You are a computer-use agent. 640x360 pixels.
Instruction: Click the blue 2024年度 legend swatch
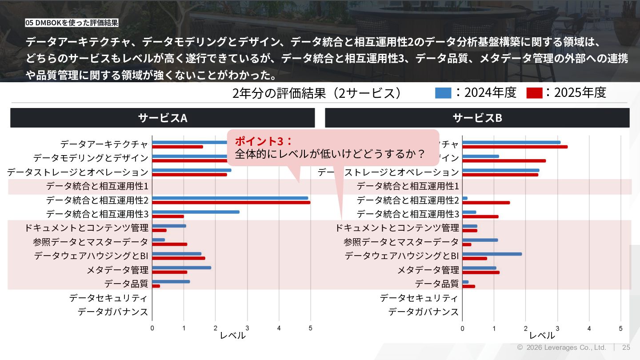(443, 93)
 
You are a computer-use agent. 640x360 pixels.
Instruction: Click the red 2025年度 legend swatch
(534, 93)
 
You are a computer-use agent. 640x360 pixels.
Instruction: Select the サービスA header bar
(163, 118)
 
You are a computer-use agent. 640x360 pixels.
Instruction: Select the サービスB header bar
(477, 118)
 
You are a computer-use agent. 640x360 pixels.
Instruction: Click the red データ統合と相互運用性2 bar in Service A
(231, 203)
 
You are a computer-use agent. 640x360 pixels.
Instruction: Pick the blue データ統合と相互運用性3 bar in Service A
(196, 212)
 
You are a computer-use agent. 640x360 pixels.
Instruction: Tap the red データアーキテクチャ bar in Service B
(515, 147)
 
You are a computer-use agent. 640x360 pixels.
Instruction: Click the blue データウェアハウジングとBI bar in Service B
(492, 254)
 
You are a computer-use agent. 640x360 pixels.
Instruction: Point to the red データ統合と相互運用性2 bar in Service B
(486, 203)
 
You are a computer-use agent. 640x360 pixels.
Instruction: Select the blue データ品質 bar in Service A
(171, 281)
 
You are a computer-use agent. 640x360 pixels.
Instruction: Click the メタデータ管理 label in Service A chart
(117, 270)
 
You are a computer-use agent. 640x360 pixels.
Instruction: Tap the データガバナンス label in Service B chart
(423, 312)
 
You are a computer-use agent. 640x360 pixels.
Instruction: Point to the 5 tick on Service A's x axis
(310, 328)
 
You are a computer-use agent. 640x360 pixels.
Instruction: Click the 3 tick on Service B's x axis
(557, 328)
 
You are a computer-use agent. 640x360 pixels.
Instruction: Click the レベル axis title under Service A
(232, 336)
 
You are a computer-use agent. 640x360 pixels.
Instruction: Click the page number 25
(626, 348)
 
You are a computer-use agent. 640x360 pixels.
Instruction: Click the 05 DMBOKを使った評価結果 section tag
(72, 23)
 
